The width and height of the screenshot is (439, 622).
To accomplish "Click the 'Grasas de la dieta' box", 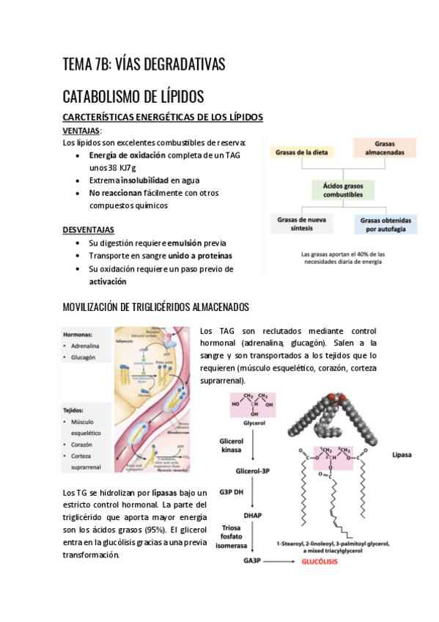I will (x=302, y=152).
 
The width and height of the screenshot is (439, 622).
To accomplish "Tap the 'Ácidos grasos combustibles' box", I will (x=343, y=191).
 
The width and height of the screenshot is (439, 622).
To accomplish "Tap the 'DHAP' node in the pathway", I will (x=252, y=516).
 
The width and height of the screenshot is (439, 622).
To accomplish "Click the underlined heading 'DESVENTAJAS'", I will (x=88, y=230).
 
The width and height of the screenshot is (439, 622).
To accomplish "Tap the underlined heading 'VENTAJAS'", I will (x=81, y=130).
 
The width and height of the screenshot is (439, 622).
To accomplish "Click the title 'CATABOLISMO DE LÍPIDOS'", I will (x=133, y=97).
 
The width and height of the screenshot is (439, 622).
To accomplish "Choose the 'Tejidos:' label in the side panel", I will (x=74, y=410).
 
